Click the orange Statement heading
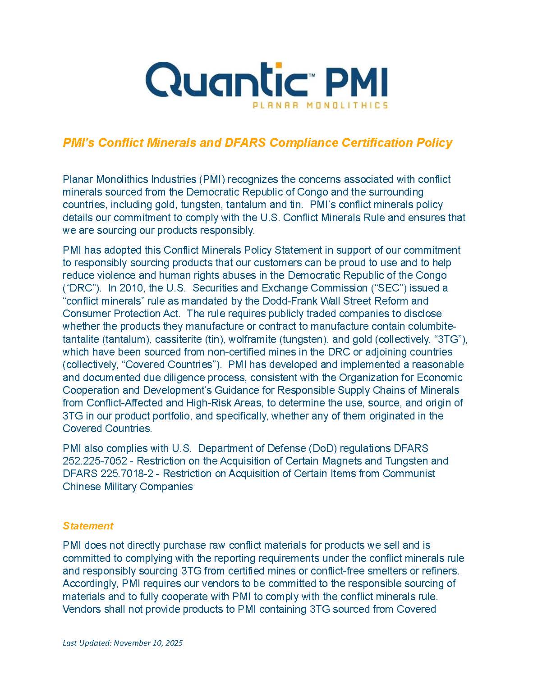click(x=88, y=526)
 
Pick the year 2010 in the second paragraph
click(x=130, y=288)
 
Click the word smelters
click(x=390, y=571)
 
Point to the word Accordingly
click(x=90, y=583)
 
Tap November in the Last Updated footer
click(x=131, y=643)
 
